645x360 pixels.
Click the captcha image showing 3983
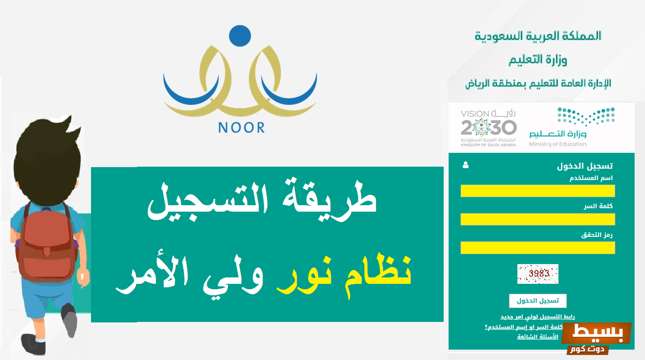[x=538, y=273]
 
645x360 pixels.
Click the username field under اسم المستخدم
[x=538, y=191]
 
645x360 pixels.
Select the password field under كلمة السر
[x=538, y=219]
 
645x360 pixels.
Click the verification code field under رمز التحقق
[x=538, y=248]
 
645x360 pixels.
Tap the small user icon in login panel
[x=465, y=166]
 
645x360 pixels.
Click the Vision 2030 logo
[x=488, y=128]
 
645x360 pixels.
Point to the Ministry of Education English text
[x=557, y=144]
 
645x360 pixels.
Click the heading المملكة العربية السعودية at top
[x=538, y=36]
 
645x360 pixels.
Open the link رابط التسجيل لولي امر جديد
[x=538, y=316]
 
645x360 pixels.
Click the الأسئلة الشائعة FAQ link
[x=538, y=337]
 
